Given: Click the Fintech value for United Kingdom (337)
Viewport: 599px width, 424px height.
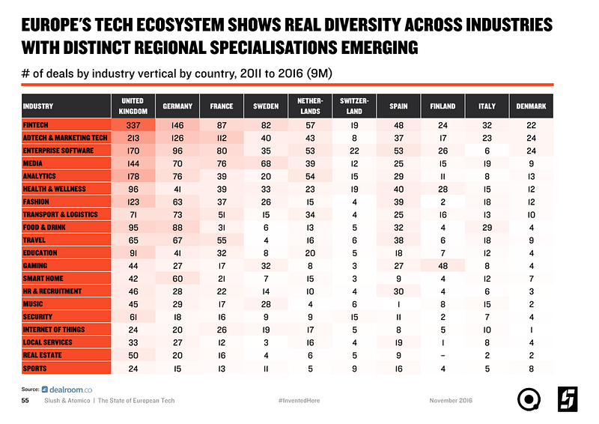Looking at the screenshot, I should point(133,124).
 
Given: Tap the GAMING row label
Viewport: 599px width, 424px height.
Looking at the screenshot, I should point(35,265).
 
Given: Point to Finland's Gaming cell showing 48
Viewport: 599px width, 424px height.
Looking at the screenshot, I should point(443,265).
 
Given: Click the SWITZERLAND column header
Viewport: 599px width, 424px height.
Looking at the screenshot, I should point(354,106).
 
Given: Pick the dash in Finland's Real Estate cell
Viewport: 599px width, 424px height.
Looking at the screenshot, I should point(443,355).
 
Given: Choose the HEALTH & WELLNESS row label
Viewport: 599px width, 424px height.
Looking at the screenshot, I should point(55,188).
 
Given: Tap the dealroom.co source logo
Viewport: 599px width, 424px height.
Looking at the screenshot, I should point(68,389).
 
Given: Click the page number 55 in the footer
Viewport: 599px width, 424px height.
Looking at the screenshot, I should point(25,401).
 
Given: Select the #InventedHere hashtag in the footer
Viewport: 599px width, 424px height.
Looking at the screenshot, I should point(299,401).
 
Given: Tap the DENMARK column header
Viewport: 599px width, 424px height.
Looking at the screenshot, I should point(531,106).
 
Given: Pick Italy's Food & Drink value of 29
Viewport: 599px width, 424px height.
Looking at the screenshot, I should point(487,227).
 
